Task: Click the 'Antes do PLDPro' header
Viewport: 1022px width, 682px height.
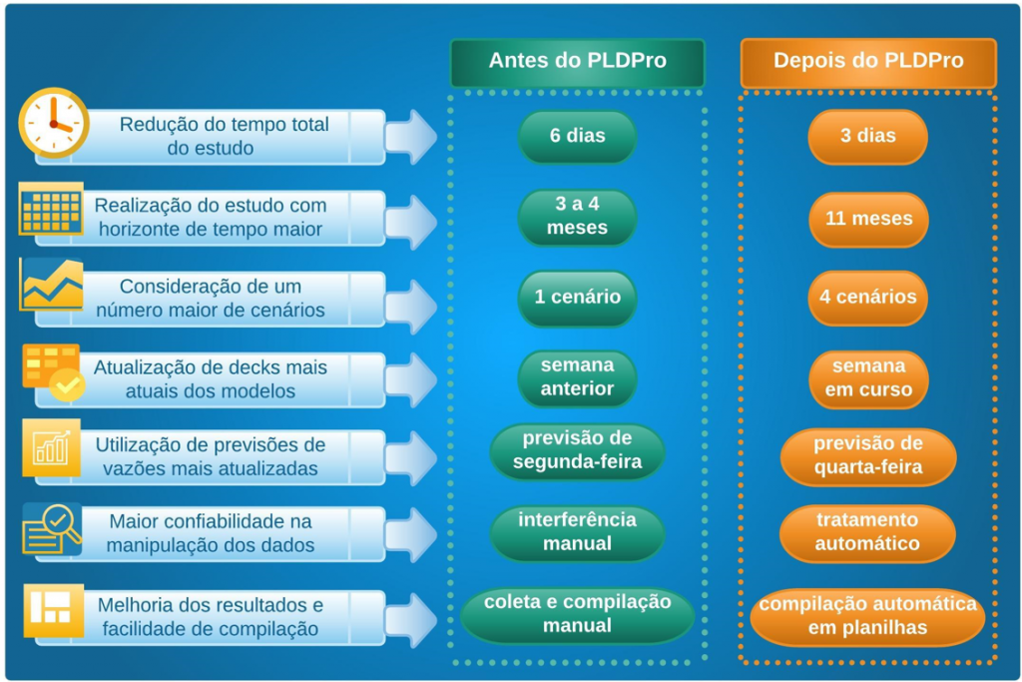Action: [577, 62]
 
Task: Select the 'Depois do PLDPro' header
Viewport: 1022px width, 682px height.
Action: [868, 62]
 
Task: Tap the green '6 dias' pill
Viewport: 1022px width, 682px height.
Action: [577, 137]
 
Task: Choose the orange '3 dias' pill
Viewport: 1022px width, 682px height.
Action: [867, 137]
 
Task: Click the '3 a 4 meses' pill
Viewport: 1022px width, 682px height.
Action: [577, 217]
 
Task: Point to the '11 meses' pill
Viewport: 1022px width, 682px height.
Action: [867, 218]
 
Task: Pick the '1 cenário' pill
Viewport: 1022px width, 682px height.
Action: [577, 298]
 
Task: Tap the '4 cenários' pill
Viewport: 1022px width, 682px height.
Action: [867, 298]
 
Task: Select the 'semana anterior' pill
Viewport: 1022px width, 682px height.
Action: [577, 377]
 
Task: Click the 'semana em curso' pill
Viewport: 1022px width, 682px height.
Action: [867, 378]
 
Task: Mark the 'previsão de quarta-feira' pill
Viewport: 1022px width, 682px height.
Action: [867, 455]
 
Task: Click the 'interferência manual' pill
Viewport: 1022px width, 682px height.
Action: [577, 532]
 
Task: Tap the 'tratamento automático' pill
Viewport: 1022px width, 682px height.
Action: [867, 533]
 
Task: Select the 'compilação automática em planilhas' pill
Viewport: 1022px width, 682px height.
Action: [867, 617]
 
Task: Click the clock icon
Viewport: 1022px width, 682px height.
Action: [53, 123]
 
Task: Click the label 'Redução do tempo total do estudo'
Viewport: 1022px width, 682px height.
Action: [224, 137]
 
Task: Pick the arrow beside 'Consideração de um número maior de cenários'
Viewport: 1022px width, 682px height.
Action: [411, 298]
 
